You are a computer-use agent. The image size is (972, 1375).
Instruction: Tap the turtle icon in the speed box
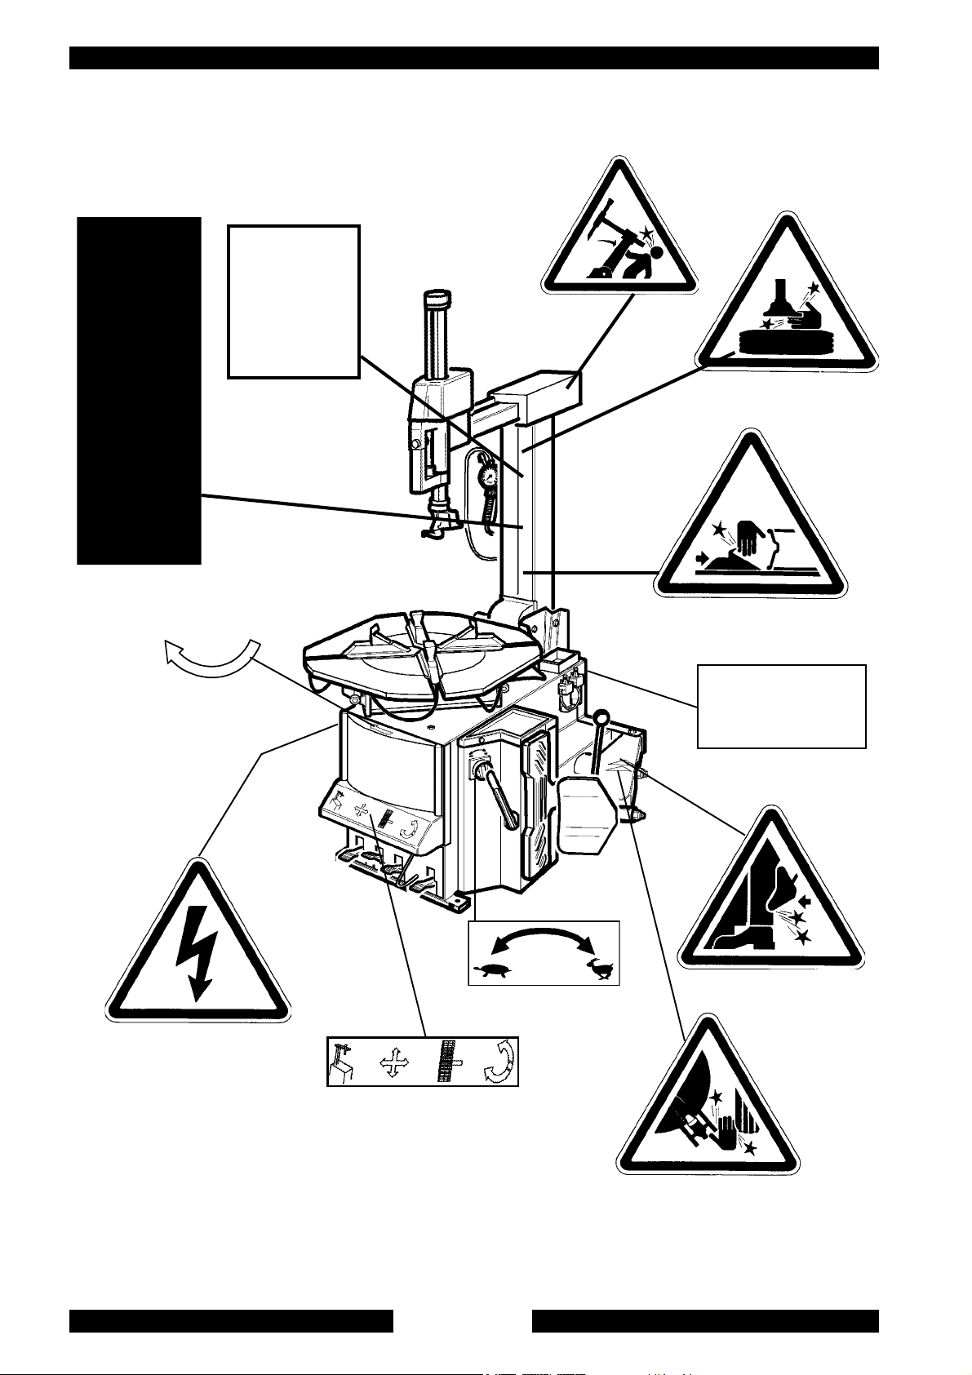(x=494, y=971)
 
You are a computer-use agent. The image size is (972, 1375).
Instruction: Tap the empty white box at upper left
(x=293, y=301)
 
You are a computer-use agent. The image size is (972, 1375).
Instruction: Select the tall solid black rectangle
(x=139, y=390)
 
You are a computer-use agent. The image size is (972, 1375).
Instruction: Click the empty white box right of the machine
(x=780, y=706)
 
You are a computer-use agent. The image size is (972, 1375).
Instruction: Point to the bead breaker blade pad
(x=585, y=812)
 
